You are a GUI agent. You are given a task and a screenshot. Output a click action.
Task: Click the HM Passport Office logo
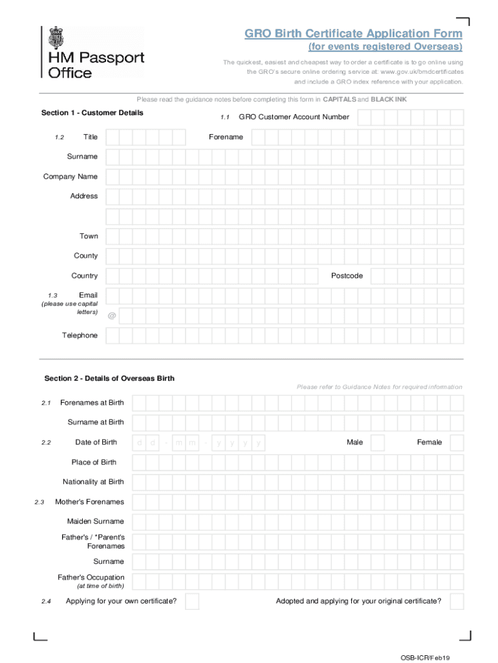pyautogui.click(x=93, y=53)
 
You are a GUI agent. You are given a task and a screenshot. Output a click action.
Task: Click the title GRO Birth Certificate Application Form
pyautogui.click(x=353, y=34)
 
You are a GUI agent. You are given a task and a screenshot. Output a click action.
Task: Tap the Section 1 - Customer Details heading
pyautogui.click(x=92, y=113)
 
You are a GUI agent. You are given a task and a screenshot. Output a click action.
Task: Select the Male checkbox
pyautogui.click(x=378, y=443)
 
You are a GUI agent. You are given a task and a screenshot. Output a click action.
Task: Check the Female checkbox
pyautogui.click(x=457, y=443)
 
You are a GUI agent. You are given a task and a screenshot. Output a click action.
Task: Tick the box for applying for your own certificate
pyautogui.click(x=191, y=601)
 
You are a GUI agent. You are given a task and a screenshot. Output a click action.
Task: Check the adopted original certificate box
pyautogui.click(x=457, y=601)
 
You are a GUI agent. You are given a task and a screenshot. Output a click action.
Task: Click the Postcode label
pyautogui.click(x=347, y=276)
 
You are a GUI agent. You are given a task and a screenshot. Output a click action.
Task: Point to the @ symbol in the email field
pyautogui.click(x=112, y=316)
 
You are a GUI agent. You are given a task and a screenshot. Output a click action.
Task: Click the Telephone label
pyautogui.click(x=80, y=335)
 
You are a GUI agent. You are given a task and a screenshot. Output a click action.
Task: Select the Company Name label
pyautogui.click(x=70, y=177)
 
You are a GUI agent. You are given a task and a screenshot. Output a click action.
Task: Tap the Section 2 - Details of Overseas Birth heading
pyautogui.click(x=109, y=378)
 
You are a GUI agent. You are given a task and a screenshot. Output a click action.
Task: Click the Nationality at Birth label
pyautogui.click(x=93, y=482)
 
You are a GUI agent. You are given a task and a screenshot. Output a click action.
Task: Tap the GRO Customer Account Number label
pyautogui.click(x=294, y=117)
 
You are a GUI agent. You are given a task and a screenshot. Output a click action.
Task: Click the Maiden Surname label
pyautogui.click(x=96, y=521)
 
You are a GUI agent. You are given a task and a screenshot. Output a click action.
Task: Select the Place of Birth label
pyautogui.click(x=94, y=462)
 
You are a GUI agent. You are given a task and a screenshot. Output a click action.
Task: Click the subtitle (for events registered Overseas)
pyautogui.click(x=385, y=47)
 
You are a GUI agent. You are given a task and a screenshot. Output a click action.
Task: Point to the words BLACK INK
pyautogui.click(x=389, y=100)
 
